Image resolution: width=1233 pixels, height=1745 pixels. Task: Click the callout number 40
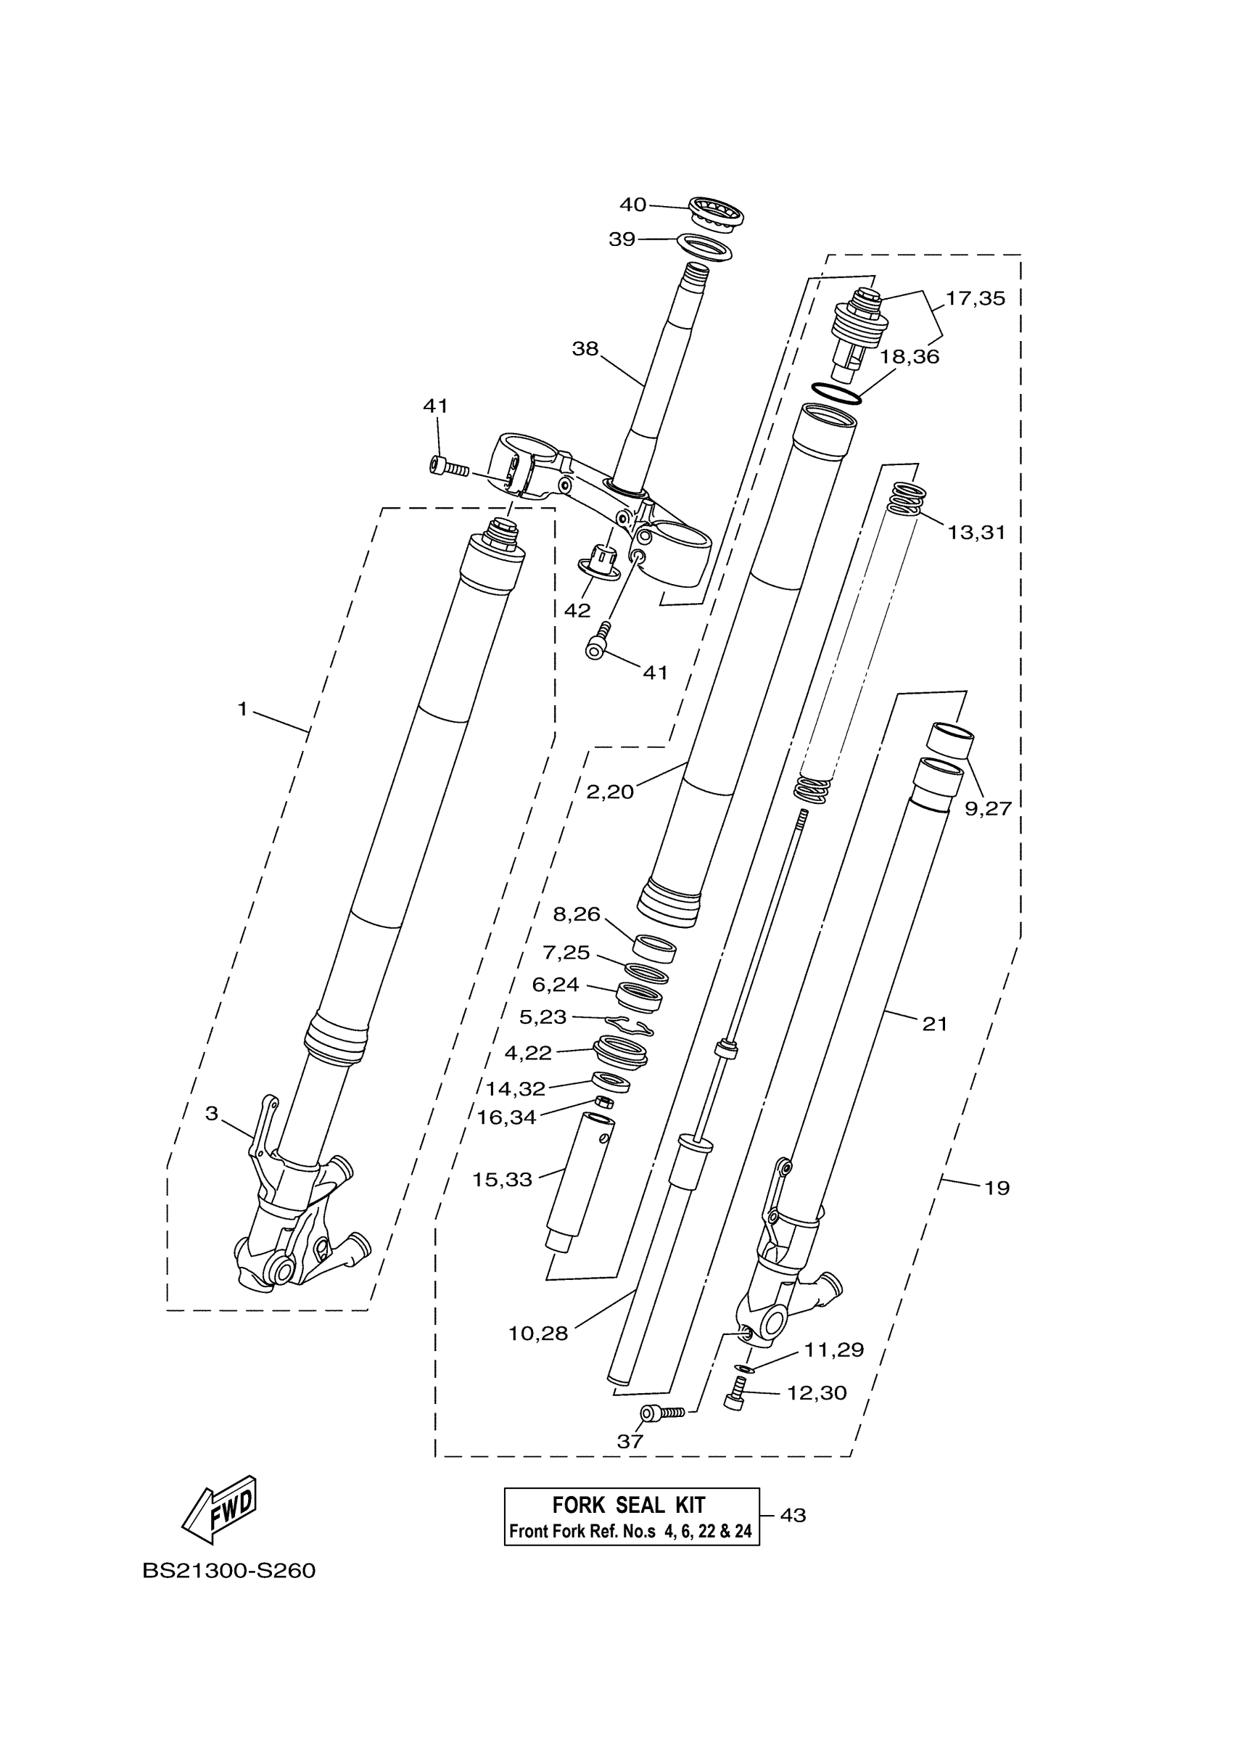tap(632, 205)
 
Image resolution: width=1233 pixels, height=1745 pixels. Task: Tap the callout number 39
tap(622, 239)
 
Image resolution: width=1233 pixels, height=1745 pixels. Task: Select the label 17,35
tap(975, 299)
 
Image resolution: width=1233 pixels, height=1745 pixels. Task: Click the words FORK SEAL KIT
tap(628, 1505)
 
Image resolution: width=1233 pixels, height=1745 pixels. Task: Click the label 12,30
tap(816, 1393)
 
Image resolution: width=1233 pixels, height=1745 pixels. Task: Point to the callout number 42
tap(577, 610)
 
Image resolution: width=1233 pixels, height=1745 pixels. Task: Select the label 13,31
tap(976, 533)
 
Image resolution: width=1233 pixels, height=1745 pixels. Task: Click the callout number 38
tap(585, 349)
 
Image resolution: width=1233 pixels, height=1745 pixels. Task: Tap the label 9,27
tap(988, 809)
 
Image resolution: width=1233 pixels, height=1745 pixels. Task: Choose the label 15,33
tap(502, 1181)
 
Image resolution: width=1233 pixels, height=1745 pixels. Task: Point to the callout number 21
tap(934, 1025)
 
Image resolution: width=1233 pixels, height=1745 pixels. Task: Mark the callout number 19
tap(997, 1188)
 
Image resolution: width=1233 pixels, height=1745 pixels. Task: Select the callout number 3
tap(211, 1114)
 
